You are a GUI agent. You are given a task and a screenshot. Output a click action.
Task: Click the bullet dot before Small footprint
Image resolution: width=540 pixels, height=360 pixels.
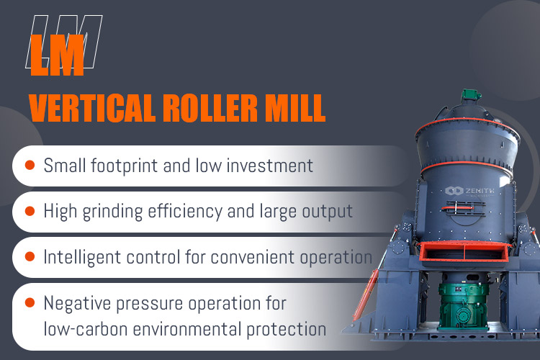tap(30, 166)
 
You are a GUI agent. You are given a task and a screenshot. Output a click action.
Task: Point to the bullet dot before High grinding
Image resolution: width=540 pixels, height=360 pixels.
tap(30, 211)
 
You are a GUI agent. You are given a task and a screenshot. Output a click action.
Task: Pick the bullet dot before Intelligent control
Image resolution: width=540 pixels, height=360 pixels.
tap(30, 256)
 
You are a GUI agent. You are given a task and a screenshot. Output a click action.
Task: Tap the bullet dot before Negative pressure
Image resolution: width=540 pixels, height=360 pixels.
tap(30, 302)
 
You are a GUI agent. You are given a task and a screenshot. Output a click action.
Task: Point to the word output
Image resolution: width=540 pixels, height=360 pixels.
tap(328, 212)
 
